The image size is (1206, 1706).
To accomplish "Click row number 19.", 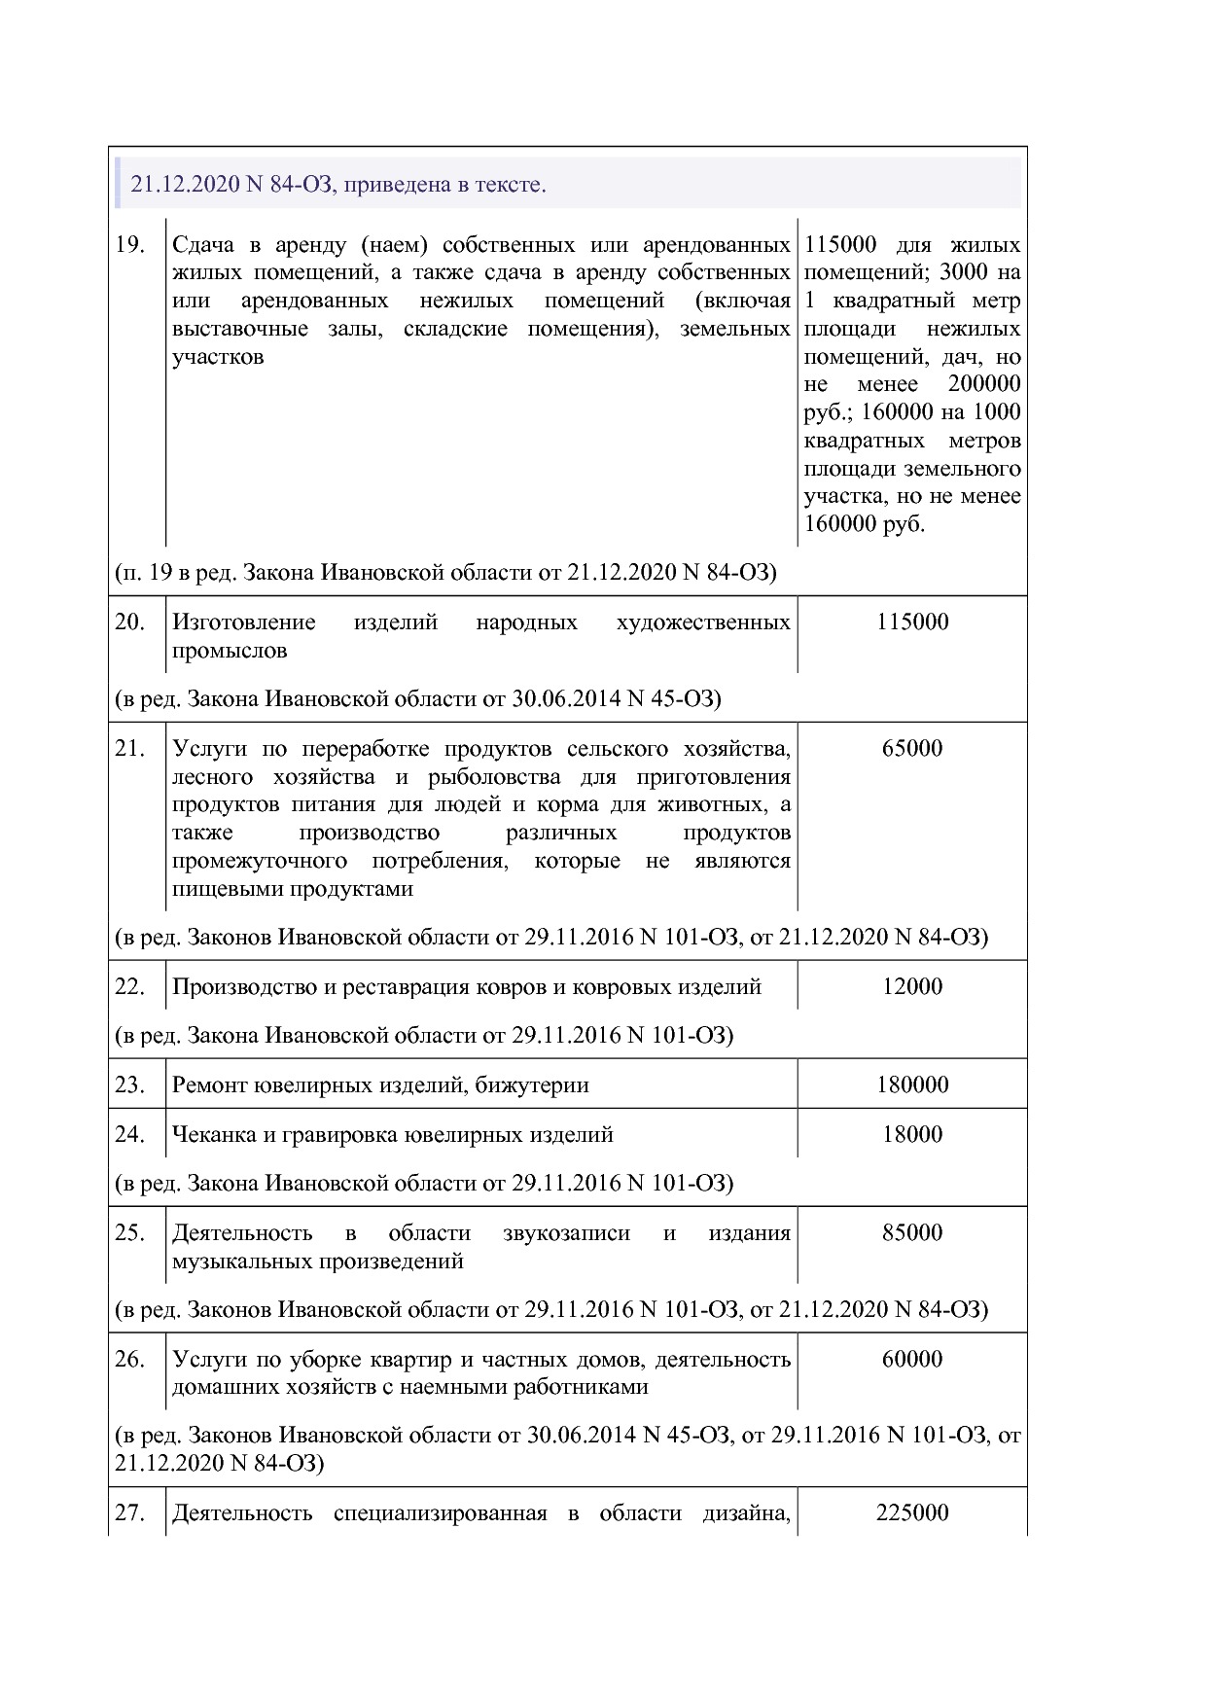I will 129,244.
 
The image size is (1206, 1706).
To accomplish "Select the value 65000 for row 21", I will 911,749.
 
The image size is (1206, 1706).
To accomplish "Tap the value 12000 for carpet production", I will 911,987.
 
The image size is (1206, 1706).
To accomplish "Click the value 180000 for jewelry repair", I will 911,1085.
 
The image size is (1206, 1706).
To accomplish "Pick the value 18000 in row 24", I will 911,1135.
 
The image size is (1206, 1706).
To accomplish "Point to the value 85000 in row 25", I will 911,1233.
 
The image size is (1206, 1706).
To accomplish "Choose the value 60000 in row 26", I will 911,1360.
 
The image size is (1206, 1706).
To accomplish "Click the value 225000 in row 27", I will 911,1513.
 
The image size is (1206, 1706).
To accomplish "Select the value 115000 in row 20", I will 911,622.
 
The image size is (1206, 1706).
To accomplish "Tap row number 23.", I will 129,1085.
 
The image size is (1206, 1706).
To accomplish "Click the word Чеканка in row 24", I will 214,1135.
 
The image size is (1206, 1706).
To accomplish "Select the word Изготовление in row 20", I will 243,622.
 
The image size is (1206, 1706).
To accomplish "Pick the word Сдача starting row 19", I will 202,244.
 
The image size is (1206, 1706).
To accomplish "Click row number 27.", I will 129,1513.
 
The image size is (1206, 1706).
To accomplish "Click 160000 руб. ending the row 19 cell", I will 865,525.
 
